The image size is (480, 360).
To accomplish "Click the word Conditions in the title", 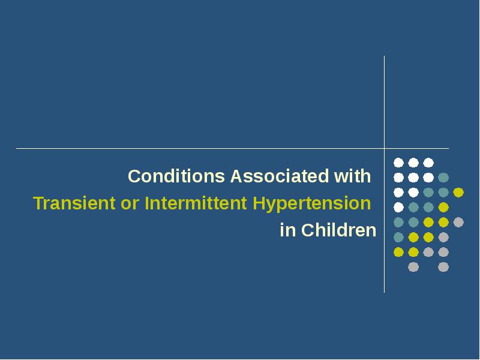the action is [x=176, y=176].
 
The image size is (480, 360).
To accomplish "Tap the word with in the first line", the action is [x=352, y=176].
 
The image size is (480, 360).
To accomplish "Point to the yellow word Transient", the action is [x=74, y=203].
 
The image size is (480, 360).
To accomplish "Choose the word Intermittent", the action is [x=196, y=203].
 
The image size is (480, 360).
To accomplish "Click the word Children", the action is [x=338, y=230].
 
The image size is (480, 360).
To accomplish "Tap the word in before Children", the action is [x=288, y=230].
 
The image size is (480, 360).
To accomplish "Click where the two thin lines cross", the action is [x=384, y=148].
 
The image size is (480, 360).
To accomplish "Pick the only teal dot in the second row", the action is [x=443, y=178].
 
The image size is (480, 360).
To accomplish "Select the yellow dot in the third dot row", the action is [x=458, y=193].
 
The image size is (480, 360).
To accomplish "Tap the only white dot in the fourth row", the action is [x=398, y=207].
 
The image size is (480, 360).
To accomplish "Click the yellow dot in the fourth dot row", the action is [x=443, y=207].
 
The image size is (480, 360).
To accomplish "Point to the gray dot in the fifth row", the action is [x=458, y=222].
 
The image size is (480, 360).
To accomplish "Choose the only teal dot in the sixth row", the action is [x=398, y=237].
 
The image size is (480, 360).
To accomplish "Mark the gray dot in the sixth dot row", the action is [x=443, y=237].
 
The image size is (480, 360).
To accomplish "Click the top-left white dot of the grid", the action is [x=398, y=163].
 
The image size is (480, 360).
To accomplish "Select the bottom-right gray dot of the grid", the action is [x=443, y=267].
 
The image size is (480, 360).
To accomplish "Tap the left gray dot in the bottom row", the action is [x=413, y=267].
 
